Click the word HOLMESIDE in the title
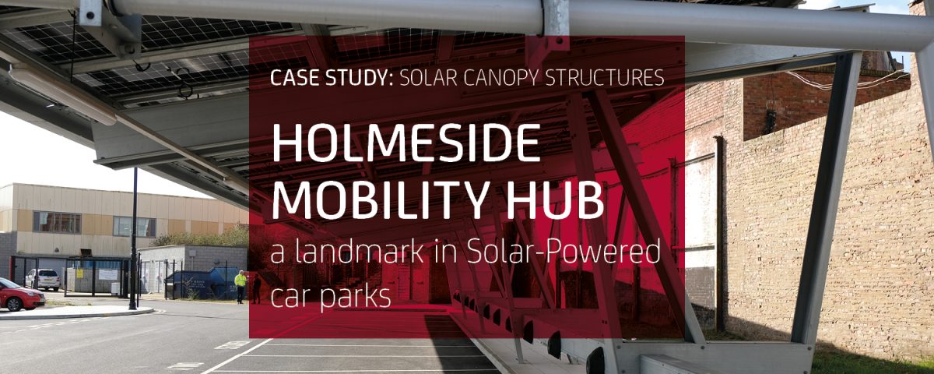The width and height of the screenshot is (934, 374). (x=406, y=143)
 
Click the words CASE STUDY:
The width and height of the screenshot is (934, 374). (x=332, y=78)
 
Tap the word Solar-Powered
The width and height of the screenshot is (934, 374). (x=564, y=252)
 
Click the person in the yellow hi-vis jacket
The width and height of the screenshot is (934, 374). (x=241, y=287)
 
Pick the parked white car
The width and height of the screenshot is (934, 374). (x=43, y=279)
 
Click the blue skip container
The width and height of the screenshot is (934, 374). (x=203, y=283)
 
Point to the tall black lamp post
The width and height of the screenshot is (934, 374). (x=134, y=238)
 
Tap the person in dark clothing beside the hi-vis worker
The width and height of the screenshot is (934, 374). (x=257, y=288)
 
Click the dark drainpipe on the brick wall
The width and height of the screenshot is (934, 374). (x=720, y=234)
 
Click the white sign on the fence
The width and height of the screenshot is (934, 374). (x=108, y=274)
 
